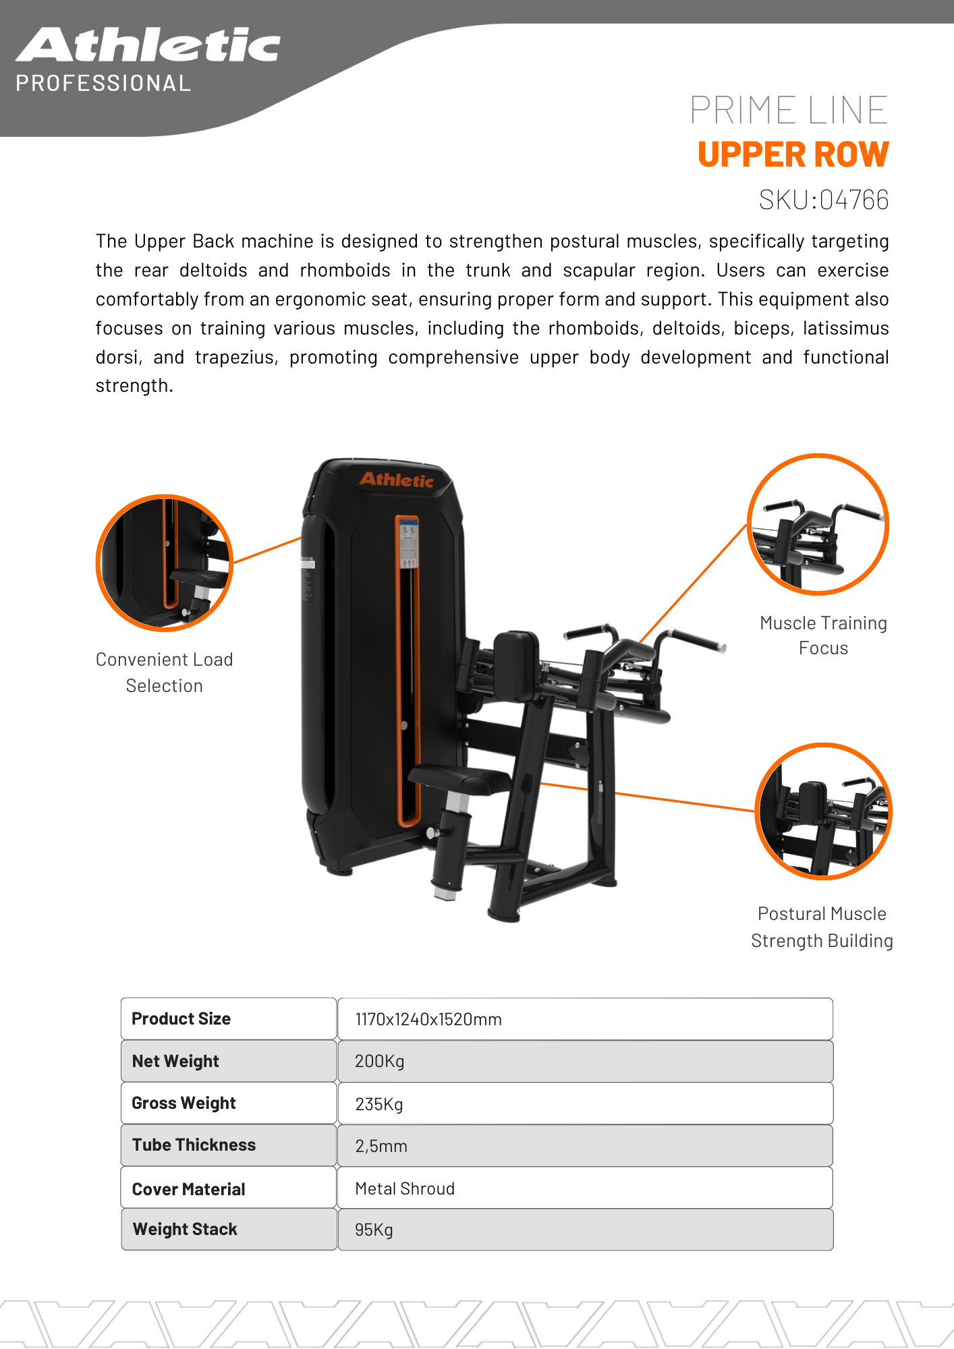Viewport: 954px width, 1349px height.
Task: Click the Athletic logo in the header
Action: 148,45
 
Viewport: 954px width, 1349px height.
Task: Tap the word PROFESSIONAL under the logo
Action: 103,84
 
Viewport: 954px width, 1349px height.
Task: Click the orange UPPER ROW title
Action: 793,154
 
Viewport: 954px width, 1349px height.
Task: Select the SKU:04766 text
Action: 824,200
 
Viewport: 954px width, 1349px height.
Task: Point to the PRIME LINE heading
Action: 789,110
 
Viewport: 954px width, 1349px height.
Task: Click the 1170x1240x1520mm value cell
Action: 585,1019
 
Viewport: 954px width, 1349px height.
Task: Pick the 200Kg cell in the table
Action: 585,1061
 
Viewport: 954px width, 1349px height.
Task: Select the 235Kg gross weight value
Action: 585,1103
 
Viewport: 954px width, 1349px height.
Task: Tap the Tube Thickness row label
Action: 194,1145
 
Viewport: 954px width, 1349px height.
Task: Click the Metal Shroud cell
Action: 585,1188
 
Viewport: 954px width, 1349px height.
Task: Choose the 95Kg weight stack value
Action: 585,1230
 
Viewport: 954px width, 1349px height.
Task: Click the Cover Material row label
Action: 188,1189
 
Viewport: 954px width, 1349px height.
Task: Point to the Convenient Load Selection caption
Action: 164,672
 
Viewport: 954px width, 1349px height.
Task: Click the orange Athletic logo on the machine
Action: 396,480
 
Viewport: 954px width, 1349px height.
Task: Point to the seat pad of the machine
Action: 459,780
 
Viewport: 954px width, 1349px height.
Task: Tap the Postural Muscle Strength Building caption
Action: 822,927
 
